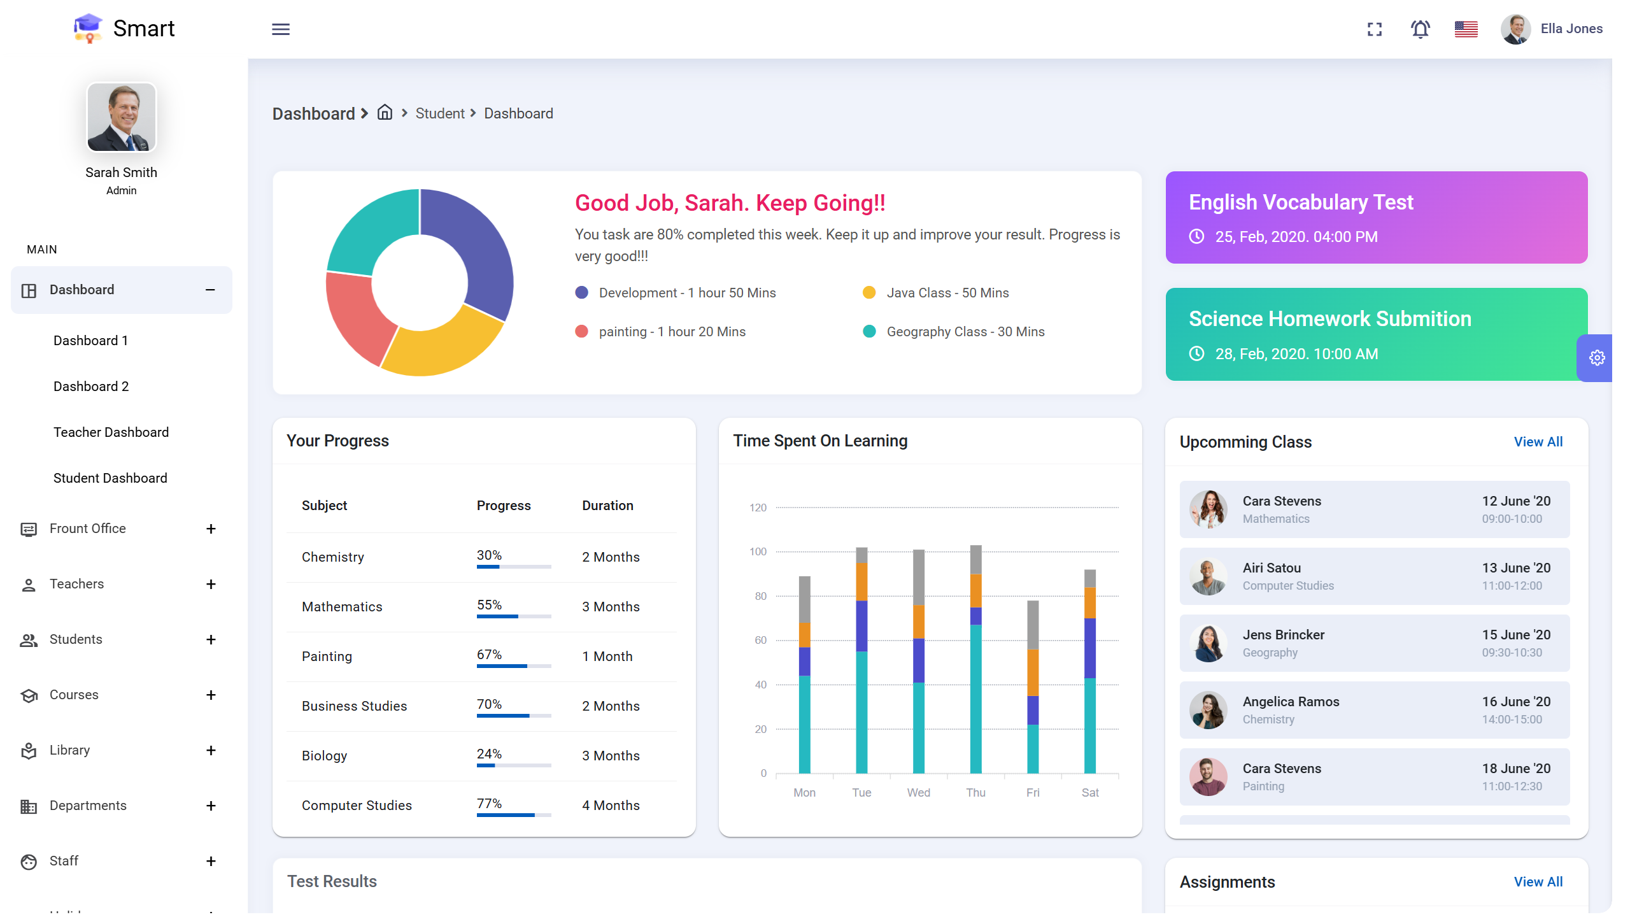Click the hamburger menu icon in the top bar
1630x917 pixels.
[x=281, y=29]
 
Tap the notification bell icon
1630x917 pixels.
[x=1420, y=29]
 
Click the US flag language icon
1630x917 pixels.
[x=1466, y=29]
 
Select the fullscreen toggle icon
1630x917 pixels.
[x=1375, y=29]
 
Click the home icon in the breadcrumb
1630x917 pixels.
[x=385, y=113]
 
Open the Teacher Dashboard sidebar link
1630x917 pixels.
[x=111, y=432]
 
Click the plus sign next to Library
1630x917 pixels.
[x=211, y=750]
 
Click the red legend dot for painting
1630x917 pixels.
[x=581, y=332]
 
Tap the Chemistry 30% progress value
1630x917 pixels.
[x=489, y=555]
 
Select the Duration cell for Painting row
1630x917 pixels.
[x=607, y=657]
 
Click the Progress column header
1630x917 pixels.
[x=503, y=506]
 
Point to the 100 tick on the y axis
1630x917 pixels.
[x=758, y=551]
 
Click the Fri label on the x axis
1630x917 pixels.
[x=1032, y=793]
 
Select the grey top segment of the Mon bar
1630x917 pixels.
[x=805, y=599]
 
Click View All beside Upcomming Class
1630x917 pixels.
[x=1538, y=442]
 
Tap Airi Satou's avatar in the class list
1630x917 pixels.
[x=1208, y=576]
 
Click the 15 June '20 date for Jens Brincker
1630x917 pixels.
[x=1516, y=635]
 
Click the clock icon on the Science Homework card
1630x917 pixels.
[x=1196, y=353]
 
